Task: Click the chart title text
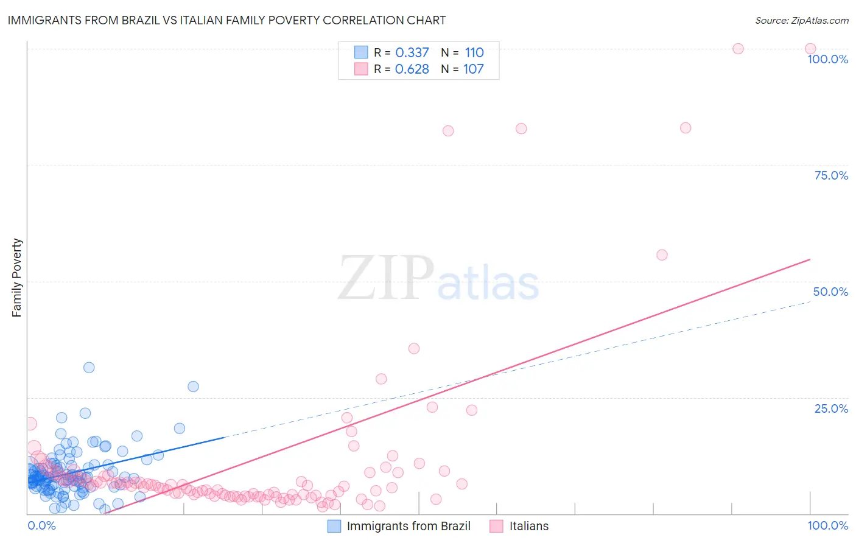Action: click(x=226, y=20)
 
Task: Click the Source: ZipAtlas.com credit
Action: click(x=801, y=20)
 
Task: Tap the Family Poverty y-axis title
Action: click(x=16, y=278)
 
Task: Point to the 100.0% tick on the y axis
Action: click(x=827, y=59)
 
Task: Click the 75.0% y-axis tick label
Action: click(x=831, y=175)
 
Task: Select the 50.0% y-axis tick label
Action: click(x=830, y=292)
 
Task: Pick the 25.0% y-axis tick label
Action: click(x=831, y=408)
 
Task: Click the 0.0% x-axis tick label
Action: click(x=41, y=525)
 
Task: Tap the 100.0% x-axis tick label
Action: click(x=827, y=525)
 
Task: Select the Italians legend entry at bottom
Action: click(x=528, y=526)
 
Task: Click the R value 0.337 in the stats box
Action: click(x=412, y=52)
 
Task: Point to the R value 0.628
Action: click(x=412, y=69)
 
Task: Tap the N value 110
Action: click(x=474, y=52)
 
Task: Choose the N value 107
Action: click(x=474, y=69)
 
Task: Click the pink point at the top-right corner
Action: click(x=810, y=49)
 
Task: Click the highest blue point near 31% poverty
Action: click(x=89, y=367)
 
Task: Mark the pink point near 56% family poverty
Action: click(x=662, y=255)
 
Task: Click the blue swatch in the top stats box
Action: click(x=361, y=52)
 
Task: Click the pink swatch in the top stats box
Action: click(x=361, y=69)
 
